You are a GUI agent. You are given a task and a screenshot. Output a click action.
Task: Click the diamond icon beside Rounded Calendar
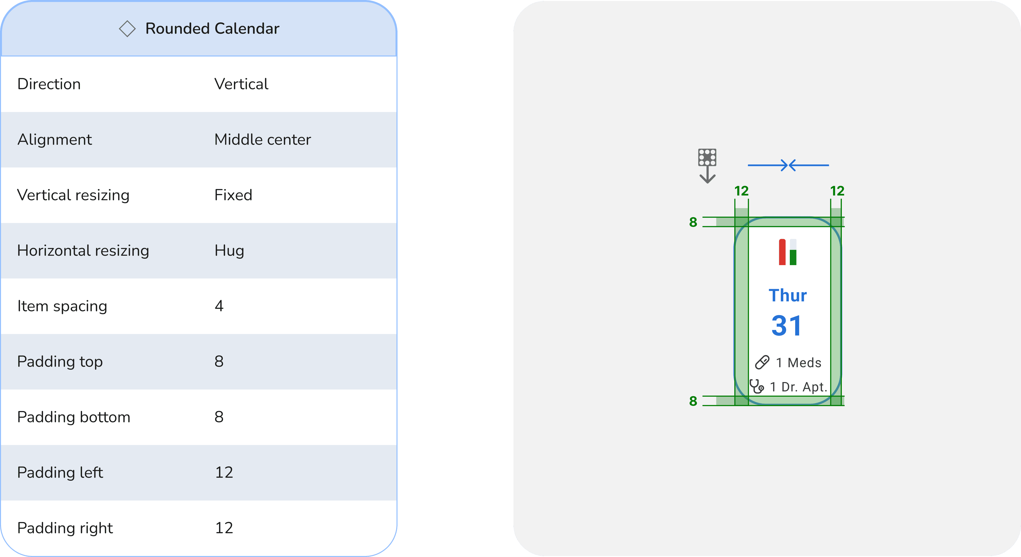127,28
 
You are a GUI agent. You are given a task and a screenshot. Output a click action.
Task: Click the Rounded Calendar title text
212,28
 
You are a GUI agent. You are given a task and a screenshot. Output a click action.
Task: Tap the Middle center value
262,139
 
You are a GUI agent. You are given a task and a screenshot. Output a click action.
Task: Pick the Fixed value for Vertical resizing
233,195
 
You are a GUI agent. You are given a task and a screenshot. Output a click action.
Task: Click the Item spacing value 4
219,306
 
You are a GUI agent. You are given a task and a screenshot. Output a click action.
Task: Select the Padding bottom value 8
219,417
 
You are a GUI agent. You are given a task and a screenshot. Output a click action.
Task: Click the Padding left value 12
224,472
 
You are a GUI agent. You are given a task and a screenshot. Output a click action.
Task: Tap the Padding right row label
65,528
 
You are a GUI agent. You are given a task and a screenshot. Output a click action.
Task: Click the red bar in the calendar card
782,252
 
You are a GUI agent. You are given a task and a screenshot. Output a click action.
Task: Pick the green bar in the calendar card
793,257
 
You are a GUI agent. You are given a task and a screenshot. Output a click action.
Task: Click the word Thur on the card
788,296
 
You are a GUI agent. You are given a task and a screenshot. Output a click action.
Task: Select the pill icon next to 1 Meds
762,362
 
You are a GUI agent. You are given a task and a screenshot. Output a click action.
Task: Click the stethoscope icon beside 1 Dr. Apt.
757,386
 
